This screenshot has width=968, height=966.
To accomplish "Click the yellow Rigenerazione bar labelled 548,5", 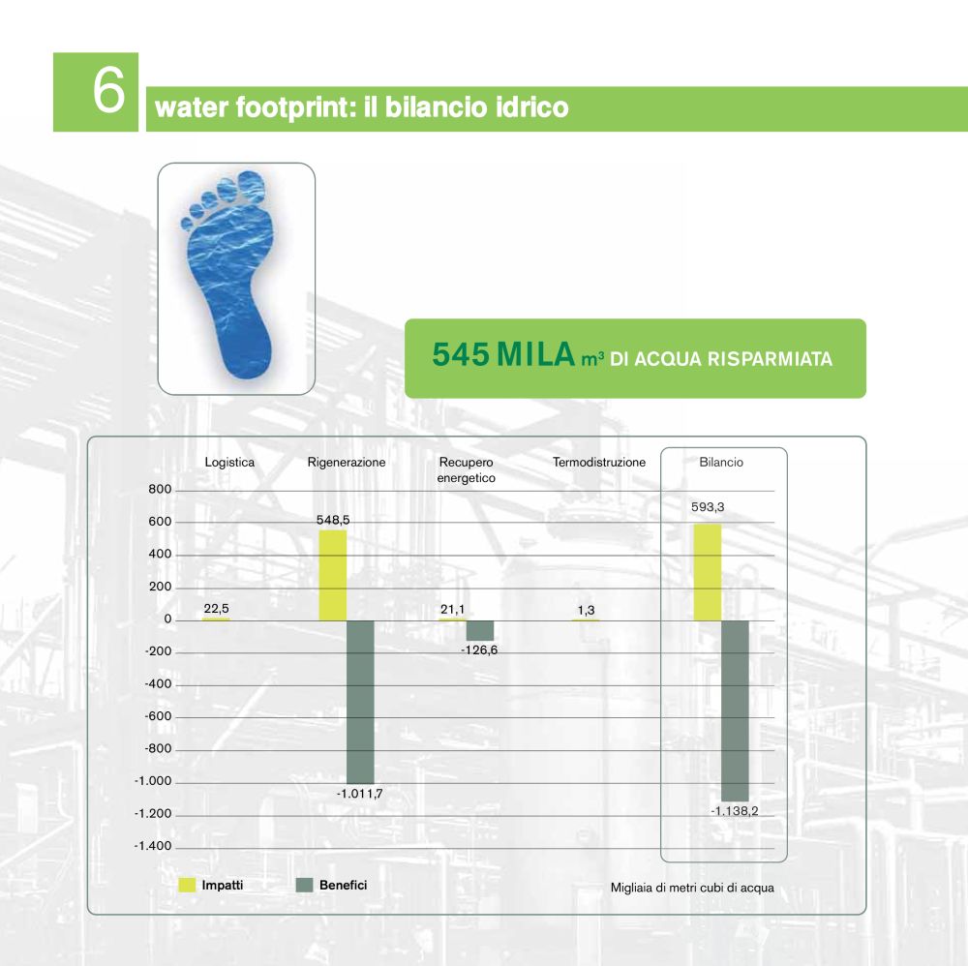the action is tap(332, 575).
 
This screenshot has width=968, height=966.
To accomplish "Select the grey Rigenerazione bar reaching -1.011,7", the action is tap(360, 703).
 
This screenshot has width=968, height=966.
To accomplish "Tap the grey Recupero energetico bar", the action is tap(480, 630).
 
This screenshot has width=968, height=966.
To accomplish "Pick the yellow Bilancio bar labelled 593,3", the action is tap(708, 572).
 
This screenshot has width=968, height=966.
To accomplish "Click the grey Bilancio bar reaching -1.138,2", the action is tap(735, 710).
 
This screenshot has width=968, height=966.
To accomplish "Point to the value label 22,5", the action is tap(216, 609).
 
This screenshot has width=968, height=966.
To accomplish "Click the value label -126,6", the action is tap(479, 649).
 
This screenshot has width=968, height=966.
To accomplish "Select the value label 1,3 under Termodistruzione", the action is tap(586, 610).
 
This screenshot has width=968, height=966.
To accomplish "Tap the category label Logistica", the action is tap(229, 462).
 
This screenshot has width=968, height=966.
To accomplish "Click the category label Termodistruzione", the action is tap(599, 462).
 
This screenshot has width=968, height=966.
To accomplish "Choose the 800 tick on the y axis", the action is tap(160, 489).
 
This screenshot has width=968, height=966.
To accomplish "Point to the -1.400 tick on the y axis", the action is tap(153, 846).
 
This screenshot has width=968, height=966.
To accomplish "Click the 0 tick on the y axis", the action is tap(167, 619).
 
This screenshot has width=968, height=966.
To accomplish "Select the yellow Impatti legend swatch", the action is tap(187, 885).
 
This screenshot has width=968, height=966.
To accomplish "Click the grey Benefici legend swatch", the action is tap(304, 885).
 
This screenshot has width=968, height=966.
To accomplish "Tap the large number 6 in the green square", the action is tap(108, 91).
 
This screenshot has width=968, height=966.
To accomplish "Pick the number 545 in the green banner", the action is tap(461, 354).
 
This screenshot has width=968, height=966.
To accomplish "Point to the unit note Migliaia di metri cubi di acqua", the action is tap(692, 888).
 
